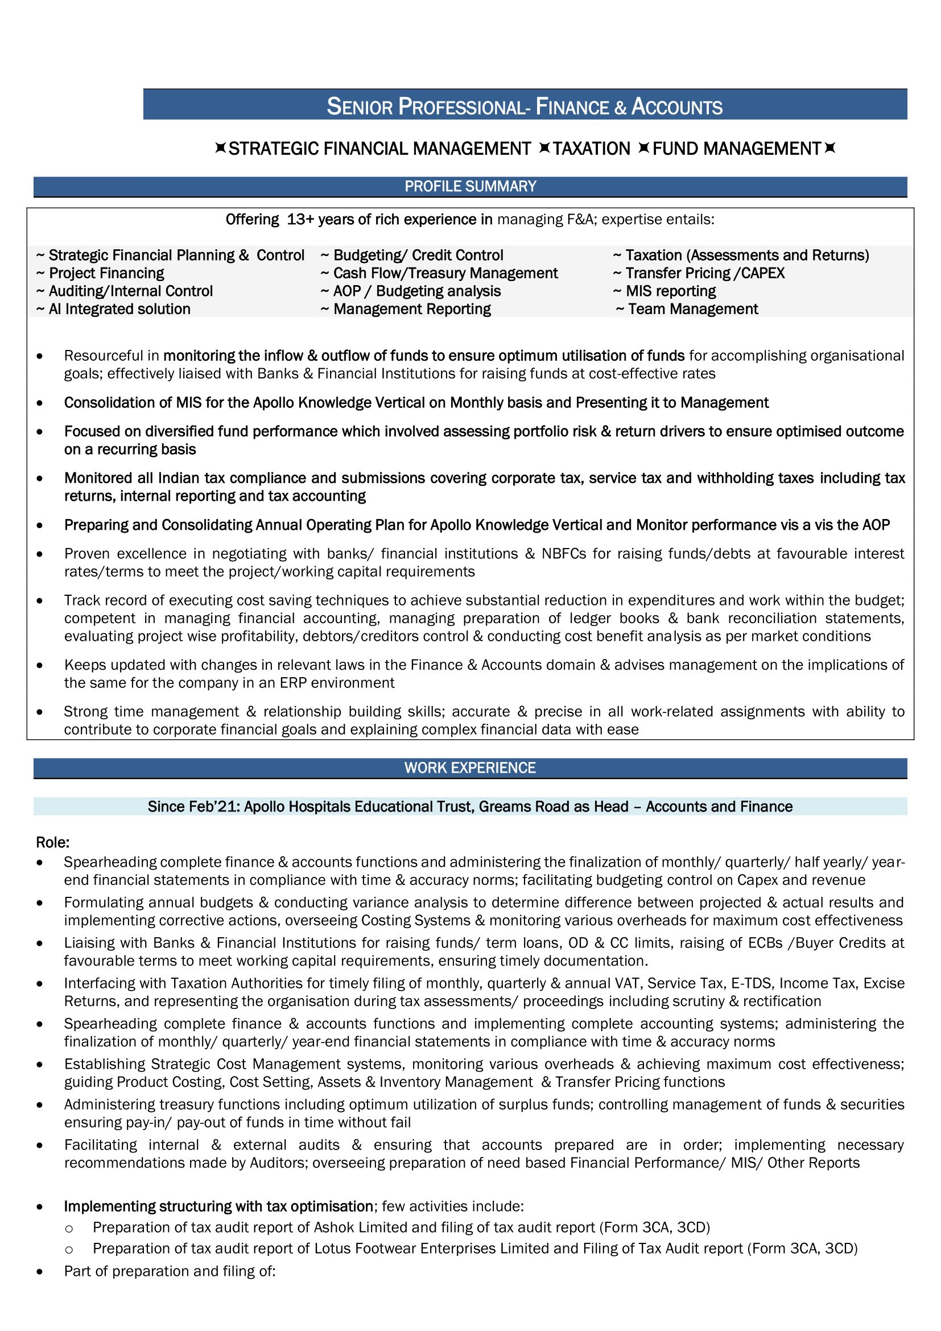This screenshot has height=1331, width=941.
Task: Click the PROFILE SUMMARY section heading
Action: click(470, 186)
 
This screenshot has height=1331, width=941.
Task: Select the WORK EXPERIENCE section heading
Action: click(470, 768)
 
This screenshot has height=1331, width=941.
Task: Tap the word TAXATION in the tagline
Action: click(591, 149)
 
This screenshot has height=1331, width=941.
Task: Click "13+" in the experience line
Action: click(300, 220)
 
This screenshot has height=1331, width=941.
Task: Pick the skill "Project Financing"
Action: click(106, 273)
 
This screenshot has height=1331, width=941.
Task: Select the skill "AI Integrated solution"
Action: click(119, 309)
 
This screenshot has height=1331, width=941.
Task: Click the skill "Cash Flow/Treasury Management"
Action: click(445, 273)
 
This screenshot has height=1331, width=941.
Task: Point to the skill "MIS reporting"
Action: click(670, 291)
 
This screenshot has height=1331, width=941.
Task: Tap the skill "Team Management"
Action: click(692, 309)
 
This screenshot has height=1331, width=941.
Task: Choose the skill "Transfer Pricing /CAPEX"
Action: click(704, 273)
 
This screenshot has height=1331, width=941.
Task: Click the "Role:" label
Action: click(53, 842)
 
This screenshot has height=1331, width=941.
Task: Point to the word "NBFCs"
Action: click(563, 554)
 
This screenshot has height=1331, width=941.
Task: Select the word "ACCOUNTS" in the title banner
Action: click(677, 106)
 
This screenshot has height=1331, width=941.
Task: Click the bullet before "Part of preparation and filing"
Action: click(39, 1271)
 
